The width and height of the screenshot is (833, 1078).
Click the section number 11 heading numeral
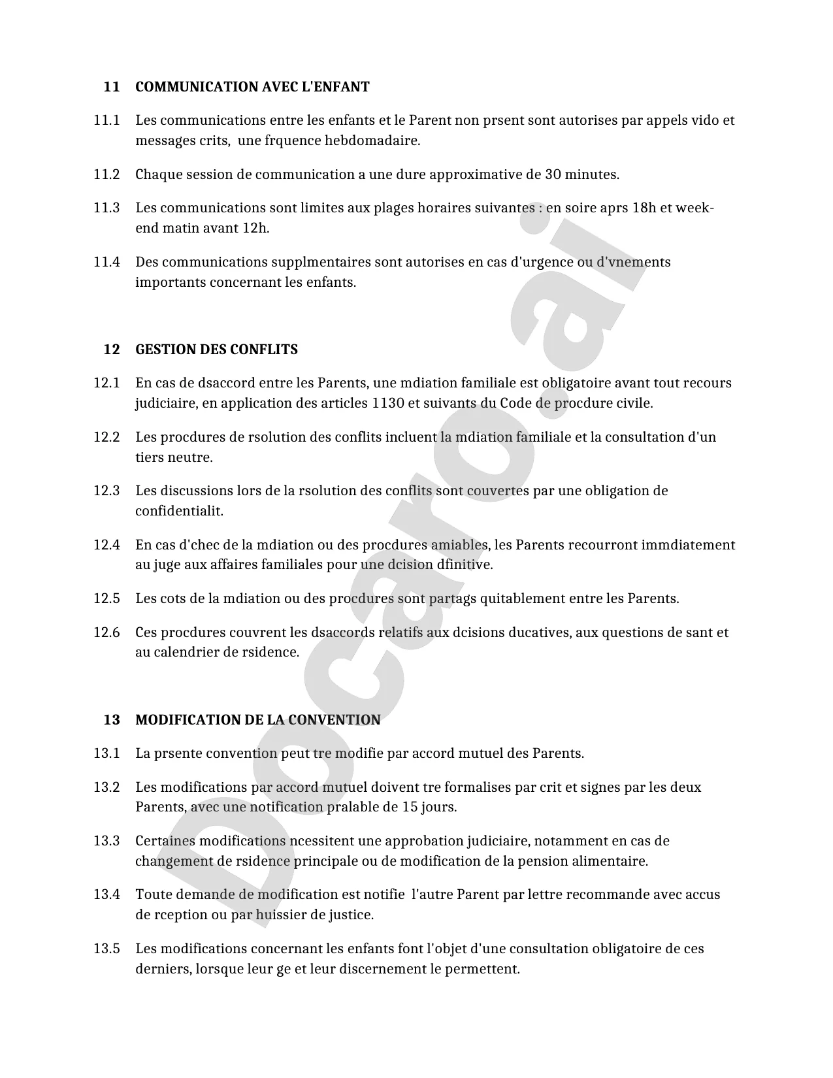click(x=112, y=87)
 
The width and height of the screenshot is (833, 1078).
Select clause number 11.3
click(x=106, y=208)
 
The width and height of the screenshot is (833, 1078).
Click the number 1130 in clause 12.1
click(x=387, y=403)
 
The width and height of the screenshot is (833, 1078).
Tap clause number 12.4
click(x=106, y=545)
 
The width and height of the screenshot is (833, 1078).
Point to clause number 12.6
click(x=106, y=632)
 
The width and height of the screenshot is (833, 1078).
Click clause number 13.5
click(x=106, y=949)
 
